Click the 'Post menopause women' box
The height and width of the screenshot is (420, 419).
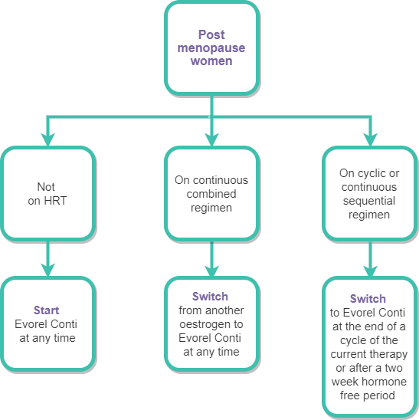[x=211, y=48]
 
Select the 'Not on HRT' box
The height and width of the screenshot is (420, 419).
[x=48, y=193]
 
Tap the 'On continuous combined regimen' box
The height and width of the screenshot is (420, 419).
[x=211, y=193]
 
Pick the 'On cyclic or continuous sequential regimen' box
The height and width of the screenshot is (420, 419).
[x=370, y=193]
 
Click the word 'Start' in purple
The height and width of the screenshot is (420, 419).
[x=46, y=310]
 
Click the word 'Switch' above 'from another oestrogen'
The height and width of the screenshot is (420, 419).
[x=210, y=297]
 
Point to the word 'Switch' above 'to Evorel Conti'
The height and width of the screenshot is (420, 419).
[x=368, y=299]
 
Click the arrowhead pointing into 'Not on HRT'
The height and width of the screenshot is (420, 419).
[x=48, y=139]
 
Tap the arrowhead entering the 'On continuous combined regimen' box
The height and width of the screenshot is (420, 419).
[x=211, y=139]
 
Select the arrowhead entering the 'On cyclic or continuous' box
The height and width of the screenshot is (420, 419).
[x=370, y=139]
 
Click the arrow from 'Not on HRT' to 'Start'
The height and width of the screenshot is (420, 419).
[x=48, y=258]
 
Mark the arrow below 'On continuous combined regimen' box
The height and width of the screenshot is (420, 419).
[x=211, y=258]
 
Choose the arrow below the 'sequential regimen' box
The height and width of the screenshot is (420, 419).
[x=370, y=258]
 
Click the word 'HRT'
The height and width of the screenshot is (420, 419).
[x=55, y=201]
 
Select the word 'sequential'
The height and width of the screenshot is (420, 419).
[x=369, y=201]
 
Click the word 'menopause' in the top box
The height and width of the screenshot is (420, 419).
[x=211, y=48]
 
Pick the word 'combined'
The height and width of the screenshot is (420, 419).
[x=211, y=194]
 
